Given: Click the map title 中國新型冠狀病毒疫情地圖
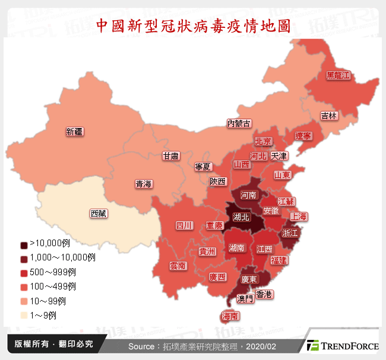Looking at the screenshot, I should [193, 26].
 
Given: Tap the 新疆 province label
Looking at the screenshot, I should [75, 132].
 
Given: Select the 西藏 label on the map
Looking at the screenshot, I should [99, 214].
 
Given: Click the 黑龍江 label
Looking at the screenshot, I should [338, 75].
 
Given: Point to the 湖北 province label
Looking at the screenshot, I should [242, 217].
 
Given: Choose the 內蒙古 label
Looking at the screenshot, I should [239, 123].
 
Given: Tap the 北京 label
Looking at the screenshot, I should [263, 141].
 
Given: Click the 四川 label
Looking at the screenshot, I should [184, 225].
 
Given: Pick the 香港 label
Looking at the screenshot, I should [264, 294].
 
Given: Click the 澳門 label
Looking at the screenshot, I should [245, 298].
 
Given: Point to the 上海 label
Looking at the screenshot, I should [299, 216].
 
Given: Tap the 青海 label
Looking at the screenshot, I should [143, 184].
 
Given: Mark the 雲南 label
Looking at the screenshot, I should [178, 266].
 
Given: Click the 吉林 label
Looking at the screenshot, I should [328, 116].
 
